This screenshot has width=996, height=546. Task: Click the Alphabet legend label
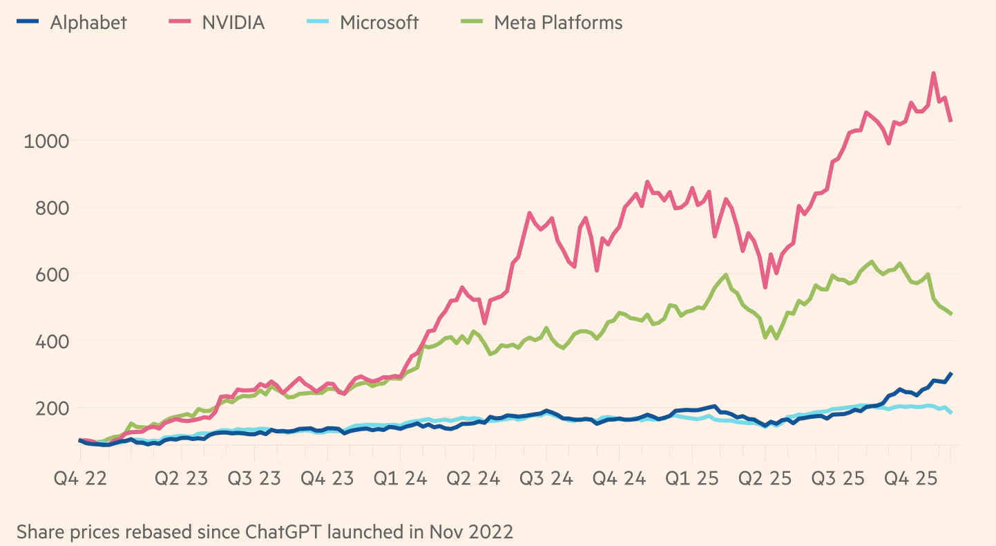point(88,23)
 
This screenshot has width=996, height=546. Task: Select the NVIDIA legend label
point(233,23)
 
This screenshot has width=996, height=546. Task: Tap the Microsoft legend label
point(379,23)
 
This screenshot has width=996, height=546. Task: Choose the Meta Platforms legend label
point(558,23)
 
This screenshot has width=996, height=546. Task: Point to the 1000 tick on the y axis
point(46,141)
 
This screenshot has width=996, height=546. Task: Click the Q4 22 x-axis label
point(81,478)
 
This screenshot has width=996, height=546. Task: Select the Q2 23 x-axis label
point(182,478)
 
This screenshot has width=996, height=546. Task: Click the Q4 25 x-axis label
point(912,478)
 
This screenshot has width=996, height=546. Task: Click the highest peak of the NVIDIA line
point(934,73)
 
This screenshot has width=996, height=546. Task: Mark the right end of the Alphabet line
point(951,374)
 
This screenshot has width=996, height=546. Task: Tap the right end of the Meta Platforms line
point(951,314)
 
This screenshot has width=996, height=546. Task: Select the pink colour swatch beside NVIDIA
point(179,23)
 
